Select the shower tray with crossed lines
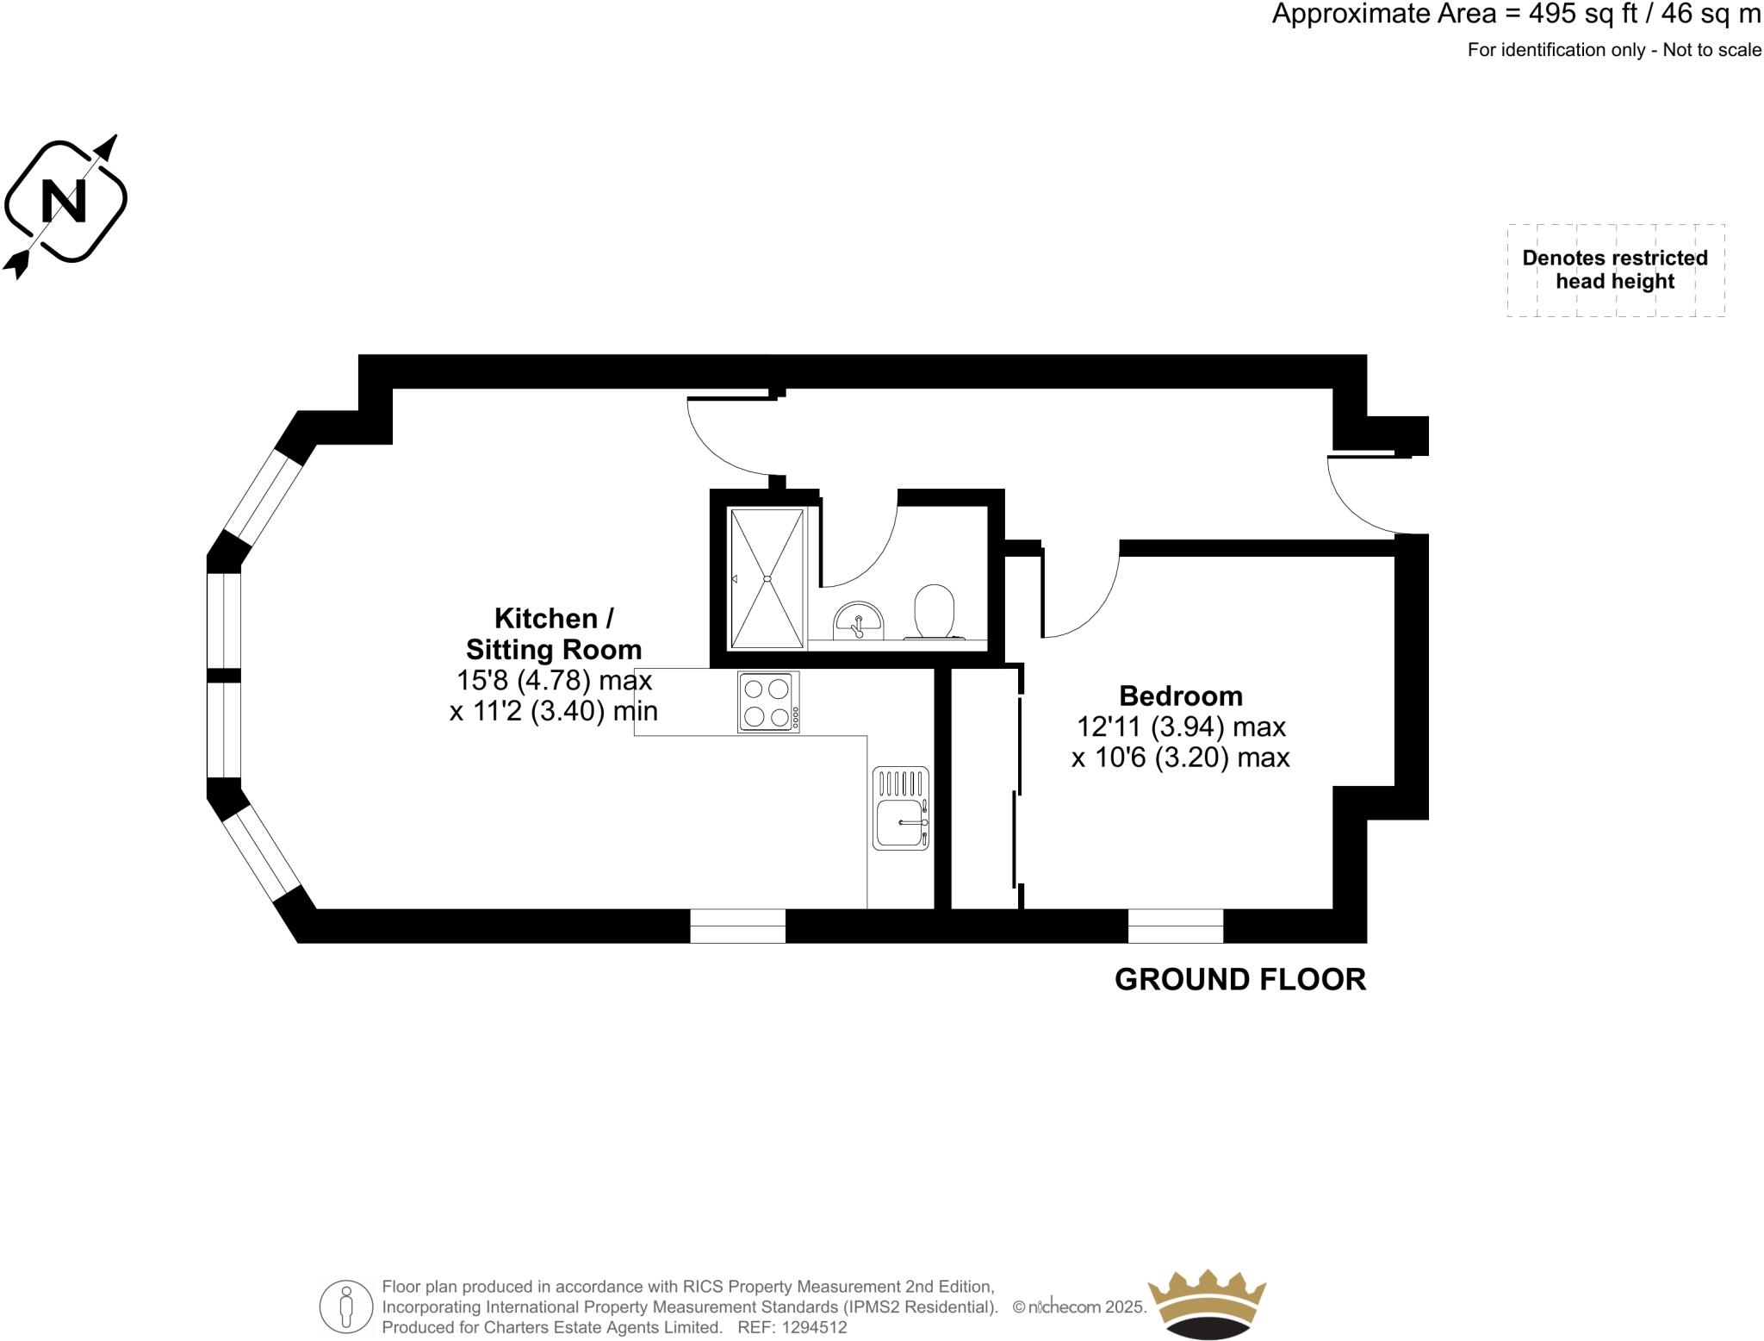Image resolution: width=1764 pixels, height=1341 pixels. [x=767, y=578]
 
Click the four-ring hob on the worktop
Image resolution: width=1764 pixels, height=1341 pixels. [x=768, y=702]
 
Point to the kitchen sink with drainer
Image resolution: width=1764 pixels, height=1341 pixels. [x=901, y=808]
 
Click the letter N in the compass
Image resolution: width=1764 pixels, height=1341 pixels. [x=65, y=201]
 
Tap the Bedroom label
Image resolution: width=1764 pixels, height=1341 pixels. [x=1180, y=695]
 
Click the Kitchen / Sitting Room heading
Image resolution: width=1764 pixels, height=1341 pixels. [x=554, y=633]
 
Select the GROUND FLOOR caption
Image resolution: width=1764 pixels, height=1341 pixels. [x=1239, y=980]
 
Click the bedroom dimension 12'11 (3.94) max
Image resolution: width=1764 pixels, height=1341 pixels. [x=1180, y=727]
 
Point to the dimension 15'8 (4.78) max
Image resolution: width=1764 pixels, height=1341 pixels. [x=554, y=680]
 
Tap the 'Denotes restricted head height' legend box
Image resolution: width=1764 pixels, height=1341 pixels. [x=1615, y=270]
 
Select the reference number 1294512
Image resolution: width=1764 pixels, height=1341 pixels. [x=814, y=1328]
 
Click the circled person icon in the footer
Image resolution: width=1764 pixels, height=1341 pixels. [x=346, y=1307]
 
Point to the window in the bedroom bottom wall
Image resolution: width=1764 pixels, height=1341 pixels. [x=1175, y=926]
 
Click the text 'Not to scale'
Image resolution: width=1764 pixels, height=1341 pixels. [x=1711, y=50]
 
